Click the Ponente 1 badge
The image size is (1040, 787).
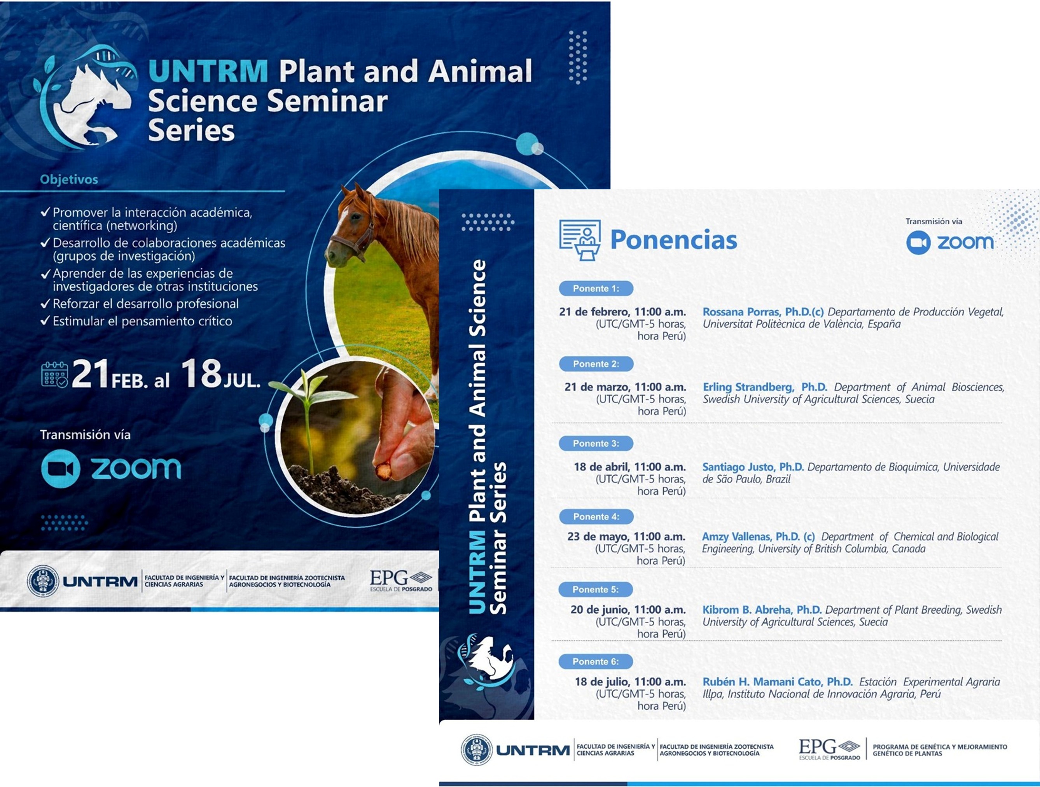[596, 288]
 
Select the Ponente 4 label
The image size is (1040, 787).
[596, 517]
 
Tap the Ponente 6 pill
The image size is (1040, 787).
[596, 661]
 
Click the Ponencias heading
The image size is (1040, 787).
[673, 240]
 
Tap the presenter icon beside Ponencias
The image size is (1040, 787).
[580, 240]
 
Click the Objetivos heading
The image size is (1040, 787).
[69, 179]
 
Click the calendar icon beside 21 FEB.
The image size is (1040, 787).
[54, 375]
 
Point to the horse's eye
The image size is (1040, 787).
[356, 217]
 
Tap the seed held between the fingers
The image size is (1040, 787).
[383, 470]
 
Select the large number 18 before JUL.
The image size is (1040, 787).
[201, 374]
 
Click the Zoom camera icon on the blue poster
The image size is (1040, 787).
[61, 469]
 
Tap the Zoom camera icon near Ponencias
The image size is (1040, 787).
[918, 243]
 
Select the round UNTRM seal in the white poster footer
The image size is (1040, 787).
[476, 749]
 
